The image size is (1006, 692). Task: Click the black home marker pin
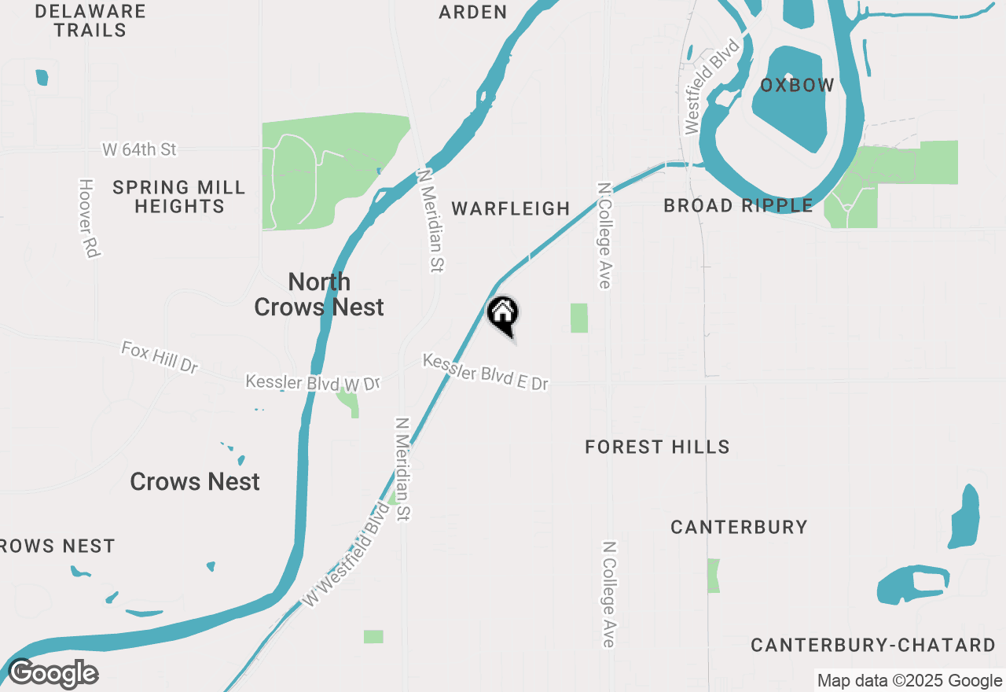pos(503,315)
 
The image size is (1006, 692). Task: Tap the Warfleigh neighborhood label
pos(511,208)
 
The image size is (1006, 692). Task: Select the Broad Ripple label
pos(738,206)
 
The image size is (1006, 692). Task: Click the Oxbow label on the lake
pos(797,86)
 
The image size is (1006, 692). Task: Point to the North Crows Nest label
pos(319,294)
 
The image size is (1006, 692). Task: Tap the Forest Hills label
pos(657,447)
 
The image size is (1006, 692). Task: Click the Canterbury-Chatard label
pos(873,646)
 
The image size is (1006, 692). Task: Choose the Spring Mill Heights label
pos(179,197)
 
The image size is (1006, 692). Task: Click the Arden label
pos(473,13)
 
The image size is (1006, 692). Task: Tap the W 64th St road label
pos(139,149)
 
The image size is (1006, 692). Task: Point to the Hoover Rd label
pos(88,218)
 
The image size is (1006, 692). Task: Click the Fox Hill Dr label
pos(160,356)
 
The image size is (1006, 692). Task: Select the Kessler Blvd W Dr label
pos(313,383)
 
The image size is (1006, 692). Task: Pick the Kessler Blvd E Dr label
pos(485,372)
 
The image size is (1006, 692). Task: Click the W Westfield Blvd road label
pos(347,555)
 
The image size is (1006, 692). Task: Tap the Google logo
pos(53,674)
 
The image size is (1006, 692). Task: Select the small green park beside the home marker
pos(579,318)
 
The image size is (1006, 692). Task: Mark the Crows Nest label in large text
pos(195,482)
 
